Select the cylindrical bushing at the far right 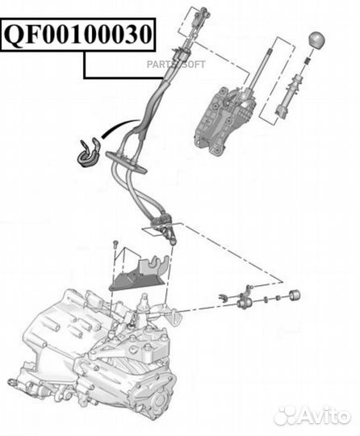[295, 293]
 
